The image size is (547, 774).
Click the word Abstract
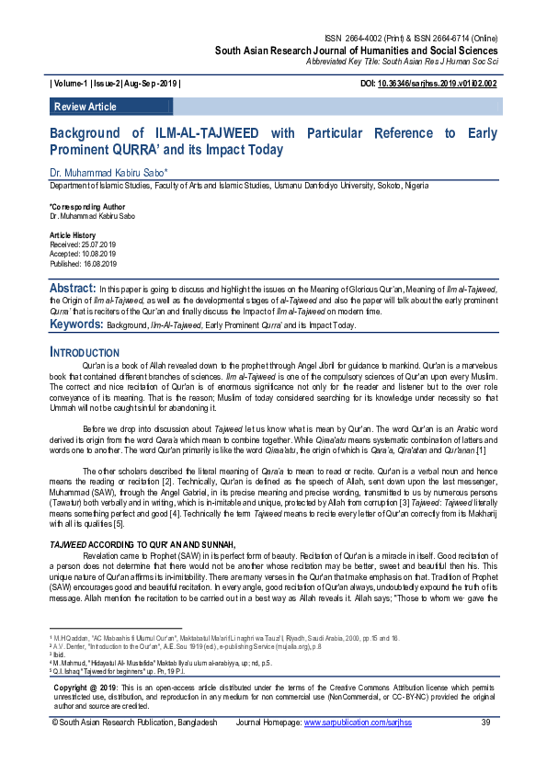coord(73,288)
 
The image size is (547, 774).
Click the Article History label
coord(72,236)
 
